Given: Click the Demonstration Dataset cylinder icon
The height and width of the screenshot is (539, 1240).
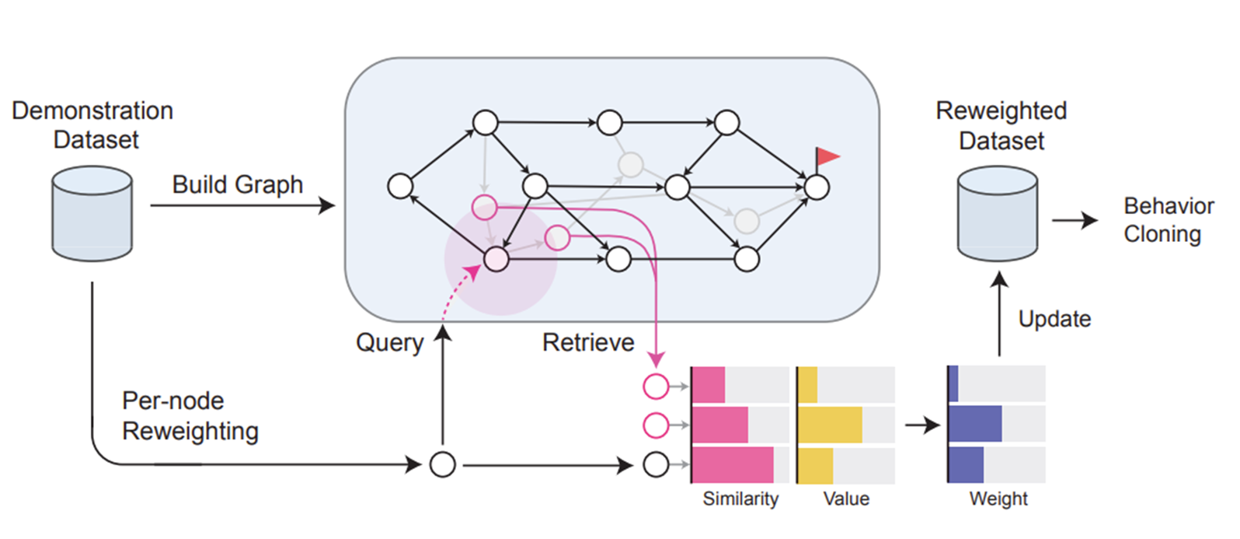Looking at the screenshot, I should click(x=92, y=214).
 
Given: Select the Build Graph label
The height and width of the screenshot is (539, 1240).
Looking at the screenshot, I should click(x=237, y=184).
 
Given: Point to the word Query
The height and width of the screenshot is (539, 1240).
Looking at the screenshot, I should click(x=389, y=342).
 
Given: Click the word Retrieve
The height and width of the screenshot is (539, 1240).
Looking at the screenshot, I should click(x=588, y=342).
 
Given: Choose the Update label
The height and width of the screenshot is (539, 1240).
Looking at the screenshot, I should click(x=1054, y=319).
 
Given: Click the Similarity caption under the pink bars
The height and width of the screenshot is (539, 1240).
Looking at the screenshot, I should click(x=740, y=499).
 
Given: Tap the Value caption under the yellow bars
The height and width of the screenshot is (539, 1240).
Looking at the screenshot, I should click(x=846, y=499).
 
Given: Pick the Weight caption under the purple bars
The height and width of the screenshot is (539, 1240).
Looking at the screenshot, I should click(x=998, y=499).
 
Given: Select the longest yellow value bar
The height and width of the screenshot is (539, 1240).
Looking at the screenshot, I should click(x=831, y=425).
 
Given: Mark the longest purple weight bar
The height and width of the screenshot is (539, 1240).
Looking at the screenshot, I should click(x=975, y=425).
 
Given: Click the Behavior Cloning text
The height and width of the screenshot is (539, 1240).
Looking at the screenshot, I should click(x=1168, y=220).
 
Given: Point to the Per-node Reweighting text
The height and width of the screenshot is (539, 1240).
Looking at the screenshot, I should click(x=190, y=415).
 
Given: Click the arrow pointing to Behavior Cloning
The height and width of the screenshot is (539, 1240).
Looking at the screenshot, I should click(x=1075, y=221).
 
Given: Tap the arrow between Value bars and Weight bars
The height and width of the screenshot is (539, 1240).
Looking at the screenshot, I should click(x=923, y=425).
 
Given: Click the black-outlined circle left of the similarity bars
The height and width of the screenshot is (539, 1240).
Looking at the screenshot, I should click(x=657, y=465).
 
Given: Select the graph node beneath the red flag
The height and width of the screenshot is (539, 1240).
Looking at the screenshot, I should click(x=817, y=187).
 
